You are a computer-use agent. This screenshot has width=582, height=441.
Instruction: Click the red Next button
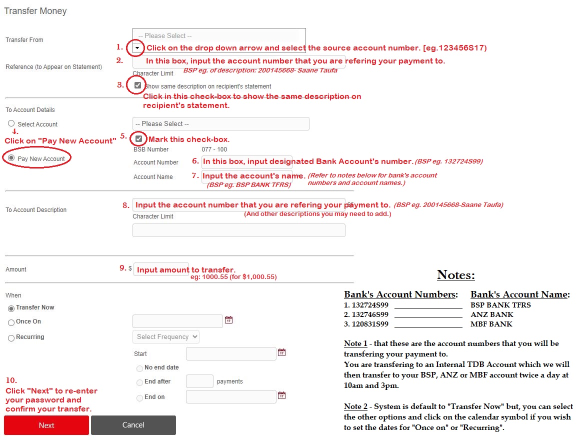(46, 425)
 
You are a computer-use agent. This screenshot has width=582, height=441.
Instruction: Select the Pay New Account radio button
(11, 158)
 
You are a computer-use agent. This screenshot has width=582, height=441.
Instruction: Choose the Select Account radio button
(11, 123)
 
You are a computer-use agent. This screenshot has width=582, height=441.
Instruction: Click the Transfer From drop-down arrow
(137, 48)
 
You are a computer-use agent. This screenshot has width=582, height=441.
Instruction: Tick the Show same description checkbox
(138, 85)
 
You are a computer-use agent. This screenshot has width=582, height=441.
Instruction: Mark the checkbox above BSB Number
(138, 138)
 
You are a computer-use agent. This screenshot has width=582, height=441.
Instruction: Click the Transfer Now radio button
(11, 308)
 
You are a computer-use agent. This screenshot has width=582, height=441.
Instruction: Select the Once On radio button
(11, 322)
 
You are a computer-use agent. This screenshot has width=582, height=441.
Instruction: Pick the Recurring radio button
(11, 338)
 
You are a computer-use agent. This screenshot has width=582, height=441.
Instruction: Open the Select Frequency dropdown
(166, 336)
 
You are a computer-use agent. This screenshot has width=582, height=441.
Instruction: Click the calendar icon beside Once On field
(228, 320)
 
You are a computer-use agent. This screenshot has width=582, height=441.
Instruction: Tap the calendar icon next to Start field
(281, 352)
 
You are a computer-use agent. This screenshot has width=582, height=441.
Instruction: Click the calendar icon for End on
(281, 395)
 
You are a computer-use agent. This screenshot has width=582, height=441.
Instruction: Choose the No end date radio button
(139, 368)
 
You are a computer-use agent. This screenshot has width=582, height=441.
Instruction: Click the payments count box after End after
(199, 381)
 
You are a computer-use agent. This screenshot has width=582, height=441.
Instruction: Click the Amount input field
(161, 269)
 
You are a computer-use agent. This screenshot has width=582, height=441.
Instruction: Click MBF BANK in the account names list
(491, 324)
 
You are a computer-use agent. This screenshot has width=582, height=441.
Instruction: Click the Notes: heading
(455, 274)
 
